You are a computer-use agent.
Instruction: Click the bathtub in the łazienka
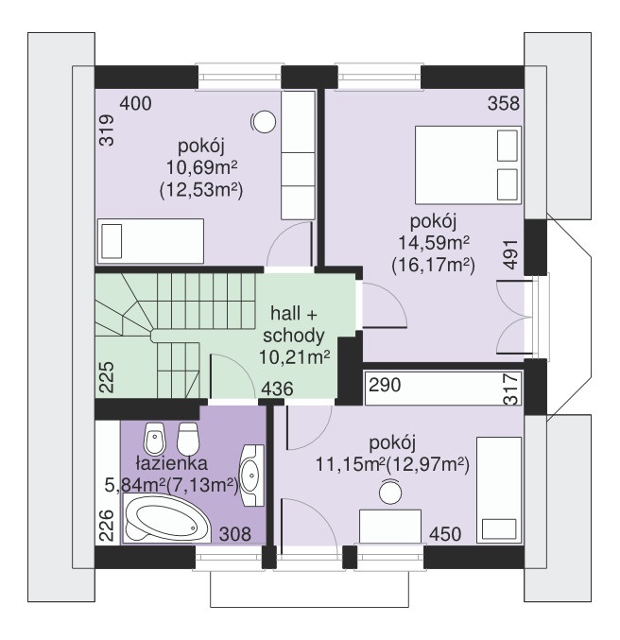pos(166,518)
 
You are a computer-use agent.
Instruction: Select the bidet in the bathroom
pos(154,439)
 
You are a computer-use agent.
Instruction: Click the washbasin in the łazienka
pos(251,476)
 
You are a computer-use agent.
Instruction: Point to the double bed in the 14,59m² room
pos(468,164)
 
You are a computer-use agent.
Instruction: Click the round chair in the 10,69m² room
pos(264,122)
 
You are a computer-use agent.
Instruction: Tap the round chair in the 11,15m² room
pos(390,493)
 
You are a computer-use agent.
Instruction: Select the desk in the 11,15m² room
pos(390,527)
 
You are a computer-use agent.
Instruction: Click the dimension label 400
pos(135,104)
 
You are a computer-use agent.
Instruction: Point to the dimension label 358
pos(504,104)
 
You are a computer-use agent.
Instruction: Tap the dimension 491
pos(510,254)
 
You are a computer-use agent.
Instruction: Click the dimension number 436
pos(277,389)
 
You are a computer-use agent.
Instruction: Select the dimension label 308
pos(235,534)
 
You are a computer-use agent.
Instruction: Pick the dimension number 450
pos(445,534)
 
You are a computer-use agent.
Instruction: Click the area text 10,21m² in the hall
pos(294,358)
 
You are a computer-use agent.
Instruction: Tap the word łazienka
pos(172,463)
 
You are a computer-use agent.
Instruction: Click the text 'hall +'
pos(294,314)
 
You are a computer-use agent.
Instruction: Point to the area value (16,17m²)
pos(433,267)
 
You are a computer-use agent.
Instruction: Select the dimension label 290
pos(385,385)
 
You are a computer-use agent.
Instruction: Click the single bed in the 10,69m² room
pos(150,242)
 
